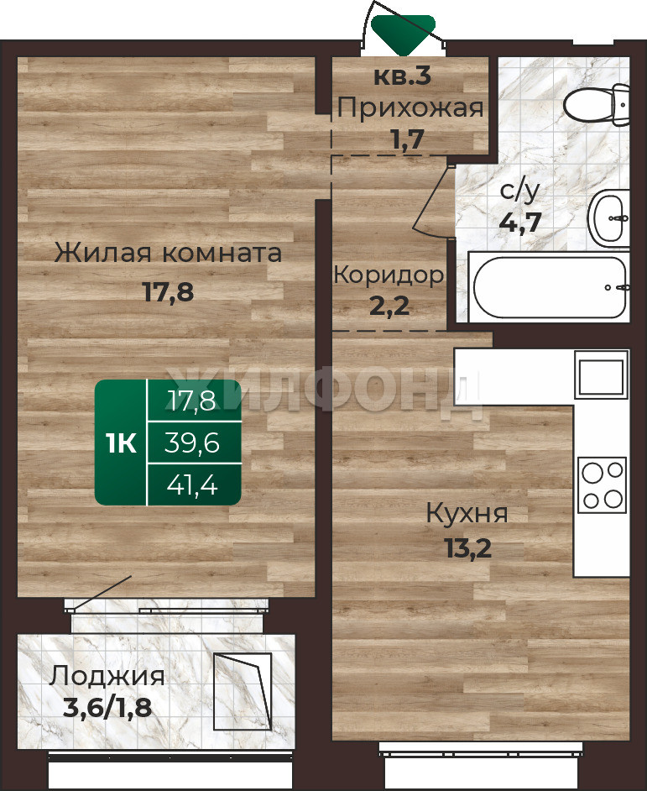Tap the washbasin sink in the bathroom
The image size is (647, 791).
(x=609, y=218)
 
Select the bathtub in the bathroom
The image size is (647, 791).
(x=550, y=287)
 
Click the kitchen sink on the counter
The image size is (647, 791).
(x=601, y=376)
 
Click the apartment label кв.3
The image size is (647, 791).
(x=403, y=76)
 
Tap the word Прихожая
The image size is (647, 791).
(x=410, y=108)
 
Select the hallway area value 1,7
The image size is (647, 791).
(x=408, y=139)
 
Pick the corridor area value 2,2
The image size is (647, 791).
(x=389, y=306)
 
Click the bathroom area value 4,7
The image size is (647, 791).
(x=520, y=221)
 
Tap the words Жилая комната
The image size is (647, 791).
(x=168, y=253)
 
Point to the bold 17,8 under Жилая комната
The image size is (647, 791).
(x=169, y=291)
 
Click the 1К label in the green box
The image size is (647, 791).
(x=122, y=444)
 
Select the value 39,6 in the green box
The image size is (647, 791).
(x=192, y=443)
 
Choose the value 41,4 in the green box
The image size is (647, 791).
(x=192, y=485)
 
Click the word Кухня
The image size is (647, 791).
(x=467, y=515)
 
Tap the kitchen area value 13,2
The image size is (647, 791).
(x=467, y=547)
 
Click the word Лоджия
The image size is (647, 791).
(x=107, y=677)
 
